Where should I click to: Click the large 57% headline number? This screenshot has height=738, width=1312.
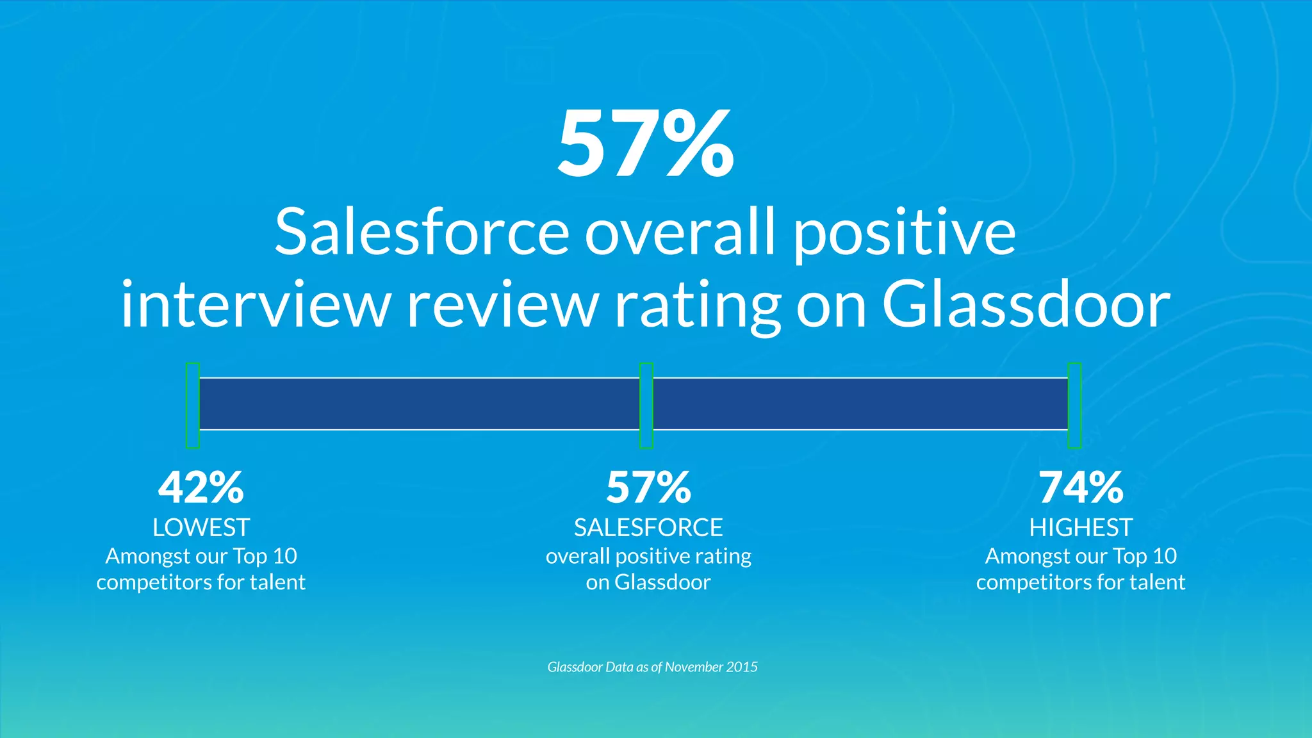pyautogui.click(x=646, y=144)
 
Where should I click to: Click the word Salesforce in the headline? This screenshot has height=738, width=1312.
pyautogui.click(x=422, y=232)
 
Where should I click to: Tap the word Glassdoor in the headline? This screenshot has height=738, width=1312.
pyautogui.click(x=1026, y=305)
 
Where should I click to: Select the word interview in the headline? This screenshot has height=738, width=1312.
pyautogui.click(x=255, y=305)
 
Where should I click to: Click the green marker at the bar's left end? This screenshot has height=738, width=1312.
pyautogui.click(x=193, y=405)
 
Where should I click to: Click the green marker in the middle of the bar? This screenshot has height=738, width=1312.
pyautogui.click(x=646, y=405)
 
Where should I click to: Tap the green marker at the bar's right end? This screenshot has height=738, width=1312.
pyautogui.click(x=1074, y=405)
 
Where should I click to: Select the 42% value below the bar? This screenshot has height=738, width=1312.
pyautogui.click(x=201, y=488)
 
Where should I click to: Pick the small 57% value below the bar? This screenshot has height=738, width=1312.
pyautogui.click(x=648, y=488)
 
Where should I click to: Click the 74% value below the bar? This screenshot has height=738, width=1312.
pyautogui.click(x=1081, y=488)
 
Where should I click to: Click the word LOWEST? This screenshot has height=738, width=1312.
pyautogui.click(x=201, y=528)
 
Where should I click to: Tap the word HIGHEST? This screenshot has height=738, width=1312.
pyautogui.click(x=1081, y=528)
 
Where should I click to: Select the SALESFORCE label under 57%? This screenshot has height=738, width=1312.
pyautogui.click(x=648, y=528)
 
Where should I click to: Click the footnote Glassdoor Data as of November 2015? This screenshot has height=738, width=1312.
pyautogui.click(x=652, y=667)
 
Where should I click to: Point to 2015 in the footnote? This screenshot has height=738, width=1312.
pyautogui.click(x=742, y=667)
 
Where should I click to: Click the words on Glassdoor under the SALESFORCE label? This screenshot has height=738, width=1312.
pyautogui.click(x=648, y=582)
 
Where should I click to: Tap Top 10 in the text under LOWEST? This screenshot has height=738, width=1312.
pyautogui.click(x=265, y=556)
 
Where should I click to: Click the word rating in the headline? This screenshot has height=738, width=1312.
pyautogui.click(x=697, y=306)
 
